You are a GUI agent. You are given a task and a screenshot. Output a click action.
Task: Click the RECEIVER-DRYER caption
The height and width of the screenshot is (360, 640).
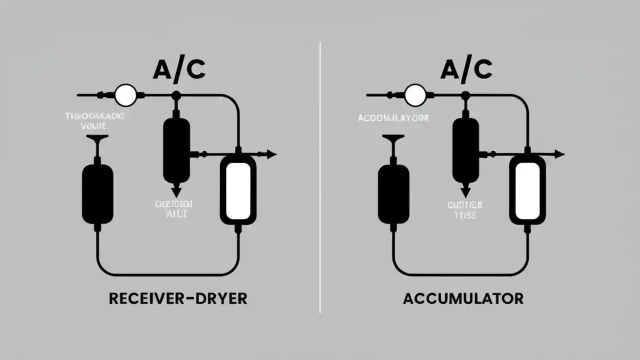[x=178, y=298]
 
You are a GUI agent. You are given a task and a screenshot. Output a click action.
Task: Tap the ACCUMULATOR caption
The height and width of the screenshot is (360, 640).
[x=463, y=298]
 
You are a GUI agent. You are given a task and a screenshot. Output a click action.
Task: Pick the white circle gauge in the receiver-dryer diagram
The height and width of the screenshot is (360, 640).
[x=125, y=94]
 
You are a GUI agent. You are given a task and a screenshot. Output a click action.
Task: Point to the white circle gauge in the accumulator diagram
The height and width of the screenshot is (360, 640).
[x=414, y=94]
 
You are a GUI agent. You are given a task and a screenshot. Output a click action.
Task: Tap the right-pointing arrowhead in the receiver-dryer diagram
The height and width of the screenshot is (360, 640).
[x=271, y=154]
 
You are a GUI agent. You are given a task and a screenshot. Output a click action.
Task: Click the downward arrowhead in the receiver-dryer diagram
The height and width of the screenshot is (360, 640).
[x=176, y=190]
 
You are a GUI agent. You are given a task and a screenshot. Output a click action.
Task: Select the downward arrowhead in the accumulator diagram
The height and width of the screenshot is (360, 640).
[x=465, y=190]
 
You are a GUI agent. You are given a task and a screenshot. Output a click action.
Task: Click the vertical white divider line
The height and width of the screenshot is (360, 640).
[x=320, y=177]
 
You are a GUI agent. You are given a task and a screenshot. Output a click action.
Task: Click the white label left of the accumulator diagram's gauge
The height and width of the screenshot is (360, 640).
[x=393, y=118]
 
